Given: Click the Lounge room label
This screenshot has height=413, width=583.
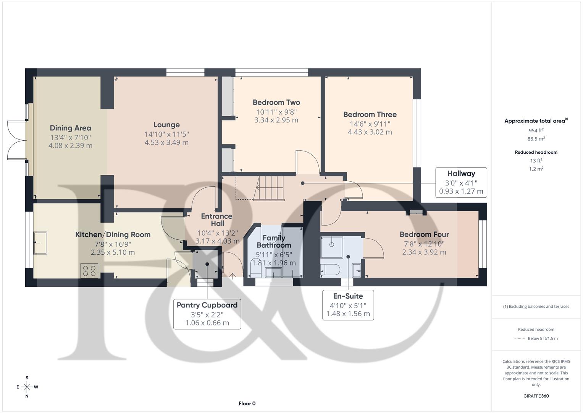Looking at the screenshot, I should (x=166, y=125).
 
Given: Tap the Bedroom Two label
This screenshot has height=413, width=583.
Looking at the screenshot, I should (x=276, y=102).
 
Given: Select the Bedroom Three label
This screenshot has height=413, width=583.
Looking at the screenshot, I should (x=370, y=114).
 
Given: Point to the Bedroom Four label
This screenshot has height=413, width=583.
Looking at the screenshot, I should (x=424, y=234).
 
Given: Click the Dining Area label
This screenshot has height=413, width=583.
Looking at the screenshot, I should (x=70, y=128).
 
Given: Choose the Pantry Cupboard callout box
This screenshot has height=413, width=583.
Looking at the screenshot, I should (x=207, y=314).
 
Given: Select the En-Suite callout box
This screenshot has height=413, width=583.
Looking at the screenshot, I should (x=348, y=305).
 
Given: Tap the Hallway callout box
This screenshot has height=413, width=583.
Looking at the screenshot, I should (x=461, y=182).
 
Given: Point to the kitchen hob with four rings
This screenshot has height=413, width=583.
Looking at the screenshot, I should (x=90, y=271).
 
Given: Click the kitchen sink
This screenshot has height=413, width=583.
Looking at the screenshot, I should (x=40, y=243).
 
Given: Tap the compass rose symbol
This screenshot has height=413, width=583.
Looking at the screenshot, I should (x=27, y=387).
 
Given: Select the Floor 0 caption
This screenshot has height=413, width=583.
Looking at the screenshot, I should (x=247, y=403).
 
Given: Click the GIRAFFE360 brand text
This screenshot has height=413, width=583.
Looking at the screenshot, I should (x=536, y=396).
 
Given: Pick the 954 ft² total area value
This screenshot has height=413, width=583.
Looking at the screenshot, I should (x=536, y=130).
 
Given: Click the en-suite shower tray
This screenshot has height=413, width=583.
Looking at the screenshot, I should (x=331, y=247).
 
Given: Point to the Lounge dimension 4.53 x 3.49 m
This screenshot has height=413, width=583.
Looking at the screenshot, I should (x=166, y=143).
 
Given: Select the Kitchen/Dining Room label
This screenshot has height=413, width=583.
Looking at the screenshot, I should (x=113, y=235).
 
